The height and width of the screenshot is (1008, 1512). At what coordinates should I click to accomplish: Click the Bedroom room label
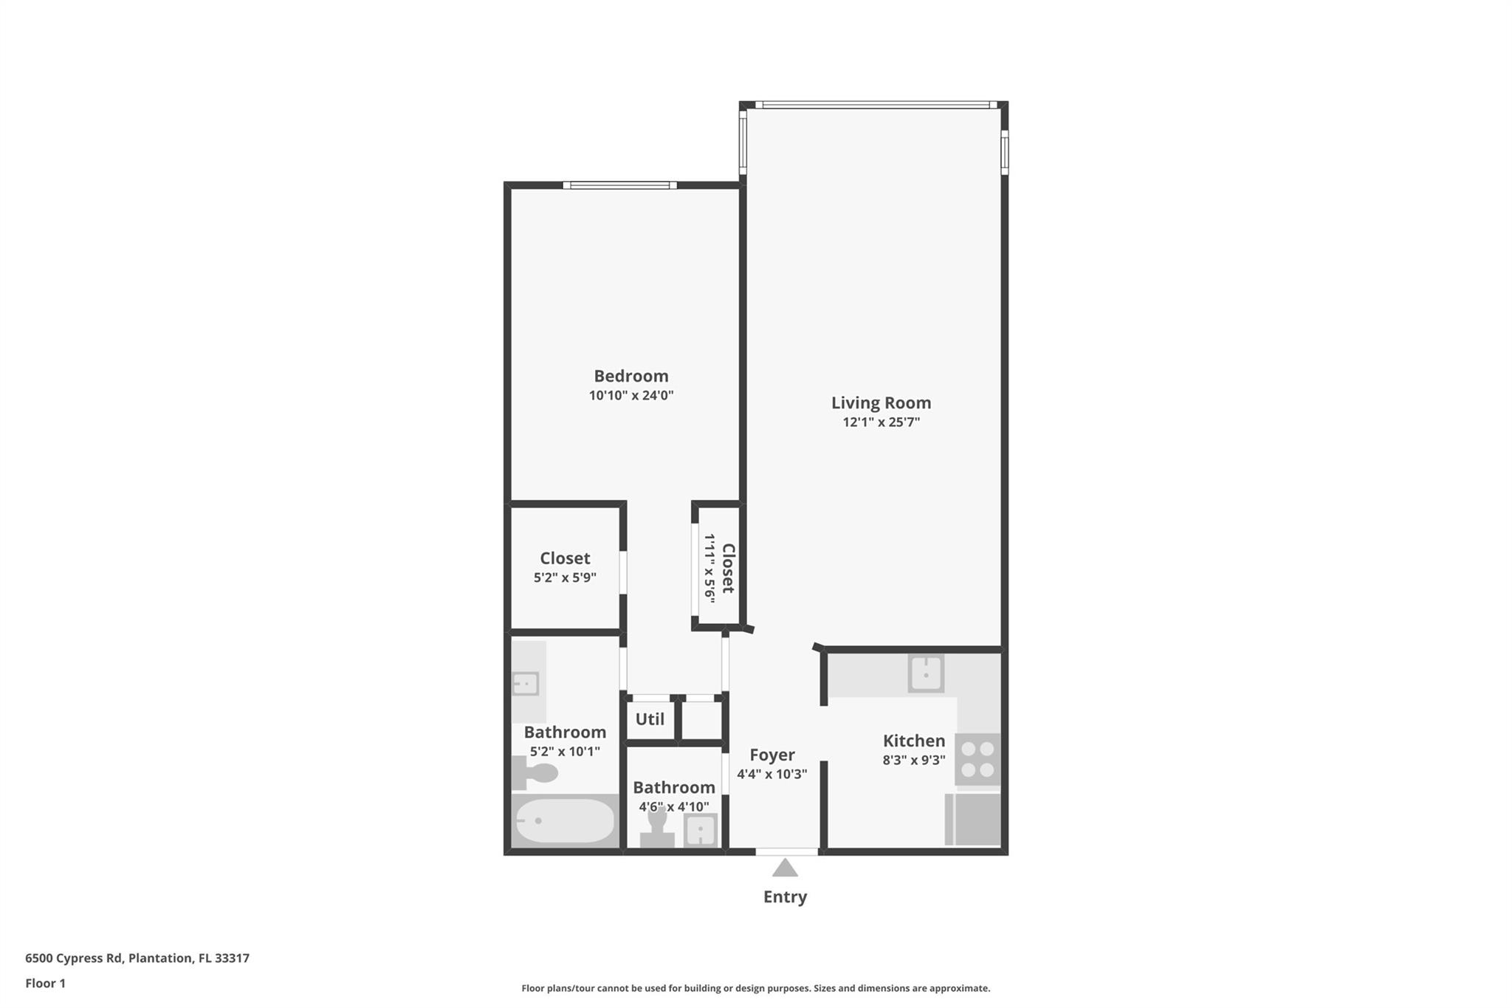pyautogui.click(x=630, y=376)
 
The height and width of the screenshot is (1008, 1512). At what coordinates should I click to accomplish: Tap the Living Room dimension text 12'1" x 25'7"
pyautogui.click(x=881, y=422)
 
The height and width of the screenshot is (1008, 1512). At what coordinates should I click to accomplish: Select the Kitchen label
pyautogui.click(x=913, y=741)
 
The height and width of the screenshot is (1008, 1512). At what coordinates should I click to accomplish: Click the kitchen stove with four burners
pyautogui.click(x=977, y=759)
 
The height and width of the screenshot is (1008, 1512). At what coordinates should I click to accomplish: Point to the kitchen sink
pyautogui.click(x=926, y=673)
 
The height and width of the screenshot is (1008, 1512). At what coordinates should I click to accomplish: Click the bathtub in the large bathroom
pyautogui.click(x=565, y=821)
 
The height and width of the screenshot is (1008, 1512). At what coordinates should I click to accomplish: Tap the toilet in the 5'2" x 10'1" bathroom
pyautogui.click(x=536, y=773)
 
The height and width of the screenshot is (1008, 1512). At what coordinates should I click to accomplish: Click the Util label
pyautogui.click(x=650, y=719)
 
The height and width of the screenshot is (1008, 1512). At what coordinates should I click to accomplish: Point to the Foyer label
pyautogui.click(x=772, y=755)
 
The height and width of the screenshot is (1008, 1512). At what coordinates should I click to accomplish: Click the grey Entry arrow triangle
pyautogui.click(x=785, y=868)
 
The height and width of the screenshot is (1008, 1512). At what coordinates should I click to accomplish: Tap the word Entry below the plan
pyautogui.click(x=785, y=896)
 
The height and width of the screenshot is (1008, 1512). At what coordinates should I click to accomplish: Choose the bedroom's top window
pyautogui.click(x=620, y=185)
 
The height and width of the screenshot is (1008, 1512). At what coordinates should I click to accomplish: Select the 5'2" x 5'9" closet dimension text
pyautogui.click(x=565, y=577)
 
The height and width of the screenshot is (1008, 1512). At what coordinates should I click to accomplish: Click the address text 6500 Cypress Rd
pyautogui.click(x=74, y=958)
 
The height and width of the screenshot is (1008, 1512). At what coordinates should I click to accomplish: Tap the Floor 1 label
pyautogui.click(x=46, y=983)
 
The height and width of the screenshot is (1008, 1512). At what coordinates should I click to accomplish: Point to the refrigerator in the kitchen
pyautogui.click(x=973, y=819)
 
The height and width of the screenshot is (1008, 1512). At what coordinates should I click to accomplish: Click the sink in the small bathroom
pyautogui.click(x=700, y=830)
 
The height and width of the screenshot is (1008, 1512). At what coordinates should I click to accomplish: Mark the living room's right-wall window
pyautogui.click(x=1004, y=152)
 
